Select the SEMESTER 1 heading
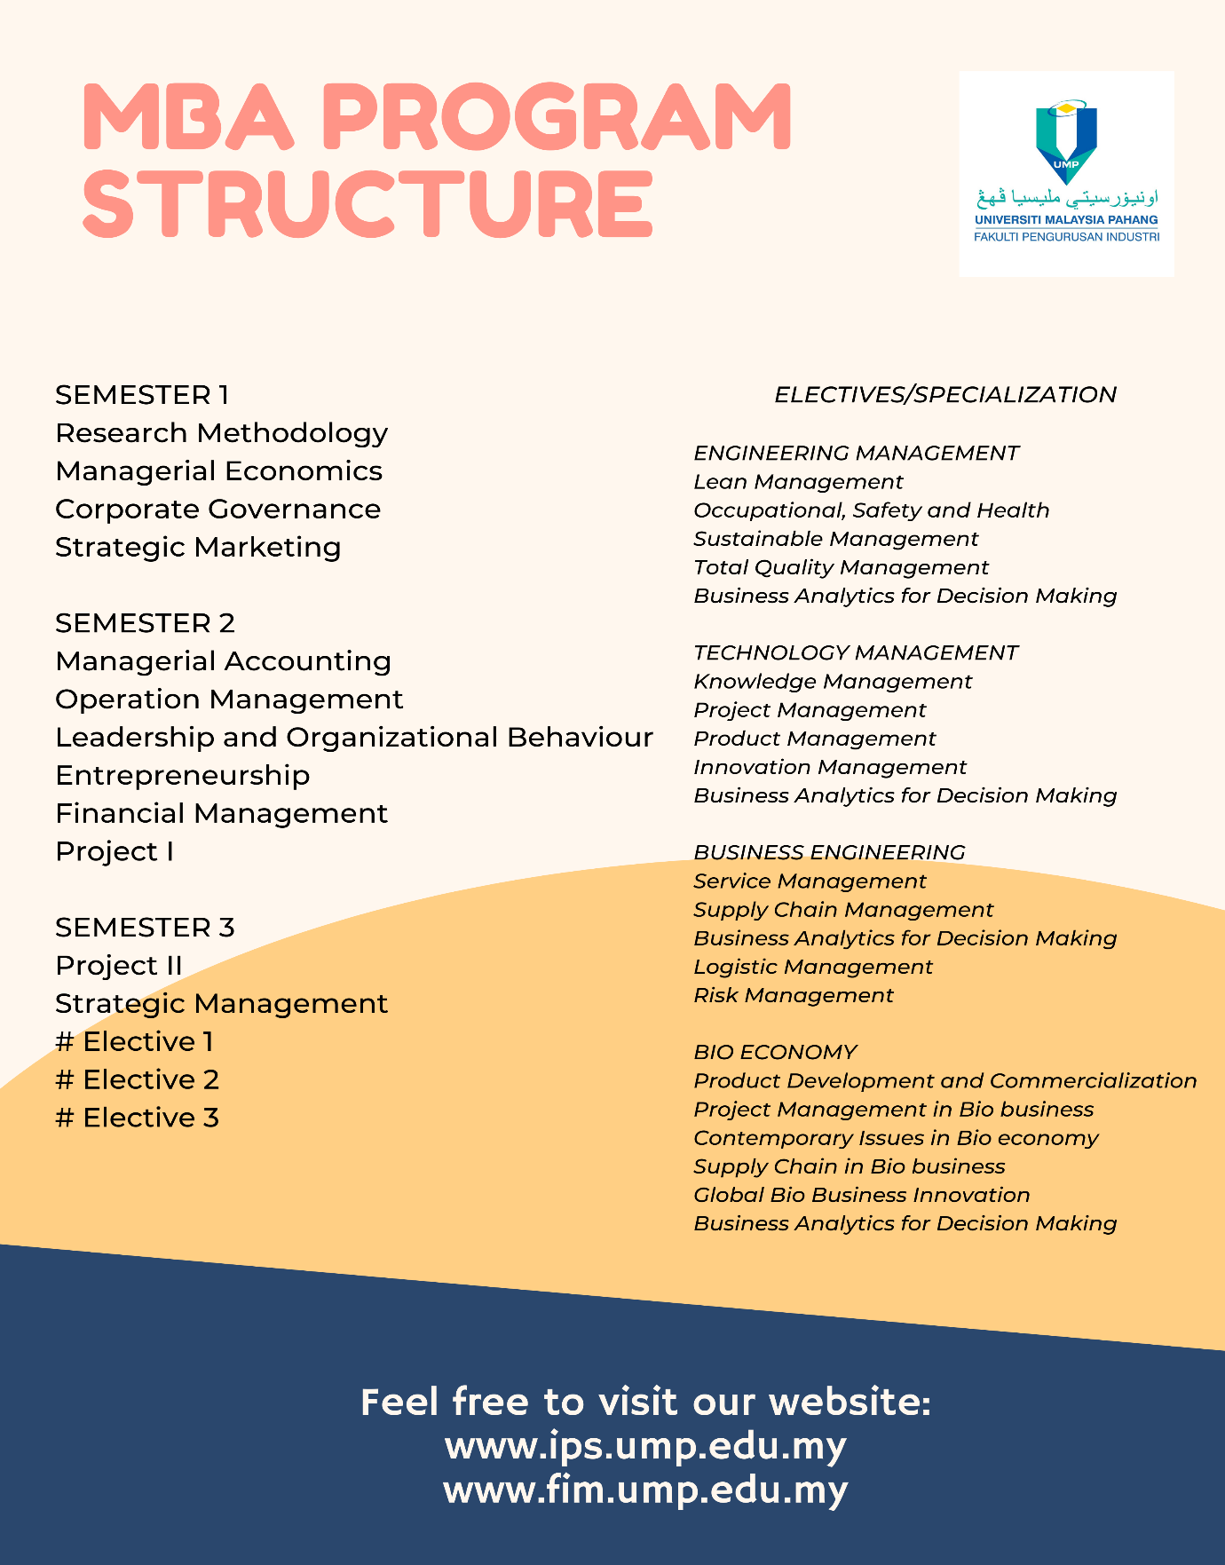pos(142,394)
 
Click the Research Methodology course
pos(221,432)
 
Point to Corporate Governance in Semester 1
pos(217,509)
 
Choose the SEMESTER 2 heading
pos(145,623)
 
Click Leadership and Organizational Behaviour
pos(354,737)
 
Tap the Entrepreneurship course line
pos(182,775)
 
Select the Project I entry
pos(115,851)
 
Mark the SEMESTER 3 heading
pos(145,927)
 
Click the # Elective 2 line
pos(137,1079)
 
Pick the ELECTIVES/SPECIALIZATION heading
pos(945,394)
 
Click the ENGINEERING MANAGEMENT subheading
pos(856,453)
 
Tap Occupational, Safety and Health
pos(871,510)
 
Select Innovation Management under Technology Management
pos(830,767)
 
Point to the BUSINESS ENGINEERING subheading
pos(829,852)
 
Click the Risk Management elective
pos(794,995)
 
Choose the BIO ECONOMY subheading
pos(775,1052)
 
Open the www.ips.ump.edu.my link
pos(645,1446)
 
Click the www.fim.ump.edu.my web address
pos(645,1490)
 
